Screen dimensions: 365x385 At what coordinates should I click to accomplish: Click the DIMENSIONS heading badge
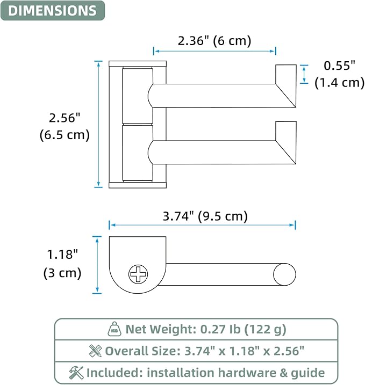click(53, 11)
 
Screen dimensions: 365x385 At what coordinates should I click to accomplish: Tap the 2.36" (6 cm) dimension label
click(214, 40)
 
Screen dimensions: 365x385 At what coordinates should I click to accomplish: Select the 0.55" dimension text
click(339, 66)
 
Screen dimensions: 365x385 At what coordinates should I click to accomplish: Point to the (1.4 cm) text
click(339, 83)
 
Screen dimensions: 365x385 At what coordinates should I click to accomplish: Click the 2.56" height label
click(65, 118)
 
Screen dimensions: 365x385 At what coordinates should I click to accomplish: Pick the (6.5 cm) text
click(65, 135)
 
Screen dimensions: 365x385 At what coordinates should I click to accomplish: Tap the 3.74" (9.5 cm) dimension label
click(205, 216)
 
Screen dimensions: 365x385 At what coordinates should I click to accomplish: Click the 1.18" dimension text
click(62, 255)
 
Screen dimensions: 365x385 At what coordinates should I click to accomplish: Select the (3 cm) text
click(62, 273)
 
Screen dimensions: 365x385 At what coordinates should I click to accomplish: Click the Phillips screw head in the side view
click(138, 274)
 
